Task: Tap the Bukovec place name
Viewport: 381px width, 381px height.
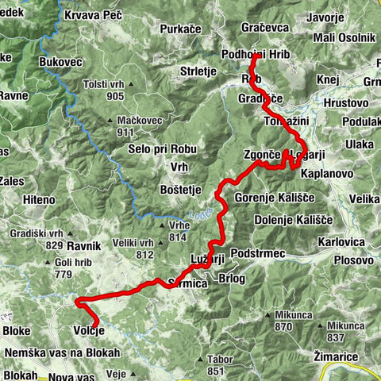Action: (60, 60)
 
